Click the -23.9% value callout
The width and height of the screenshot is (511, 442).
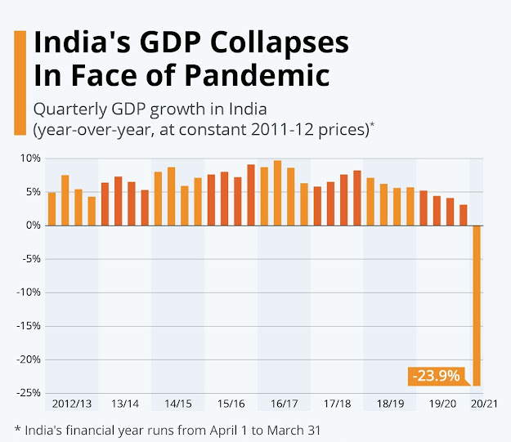tap(435, 377)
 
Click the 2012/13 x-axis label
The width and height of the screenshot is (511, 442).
tap(72, 404)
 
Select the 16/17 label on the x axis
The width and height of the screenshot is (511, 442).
tap(284, 404)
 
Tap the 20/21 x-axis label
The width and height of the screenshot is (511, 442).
tap(483, 404)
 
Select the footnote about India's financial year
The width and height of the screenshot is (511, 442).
tap(173, 428)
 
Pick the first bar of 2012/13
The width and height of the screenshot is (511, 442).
tap(52, 208)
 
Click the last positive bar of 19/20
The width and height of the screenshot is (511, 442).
tap(463, 215)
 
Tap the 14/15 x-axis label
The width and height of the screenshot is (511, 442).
tap(177, 404)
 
